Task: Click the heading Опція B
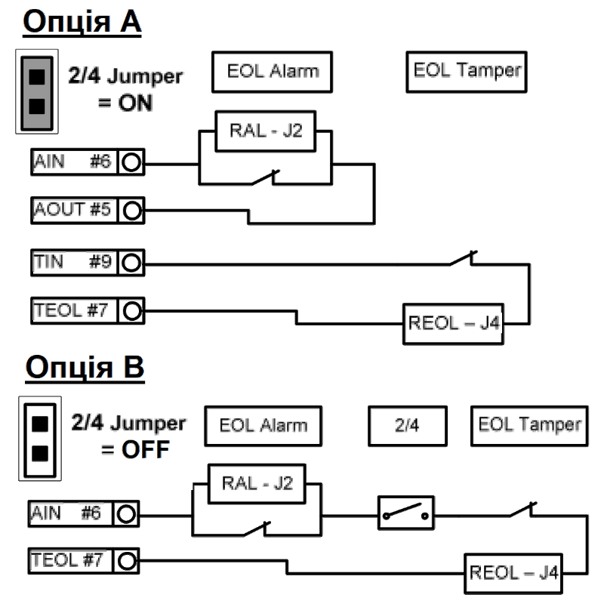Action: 84,368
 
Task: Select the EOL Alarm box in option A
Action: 273,72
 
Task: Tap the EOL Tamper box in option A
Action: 467,72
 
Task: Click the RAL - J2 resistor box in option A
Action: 265,131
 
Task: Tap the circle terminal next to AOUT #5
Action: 131,210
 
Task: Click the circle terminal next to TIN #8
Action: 131,263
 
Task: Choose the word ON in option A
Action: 136,102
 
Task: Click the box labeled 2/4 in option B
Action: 407,426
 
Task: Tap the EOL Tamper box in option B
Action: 529,425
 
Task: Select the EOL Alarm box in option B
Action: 263,426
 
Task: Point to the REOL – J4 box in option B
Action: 513,572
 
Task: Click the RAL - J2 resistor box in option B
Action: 257,483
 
